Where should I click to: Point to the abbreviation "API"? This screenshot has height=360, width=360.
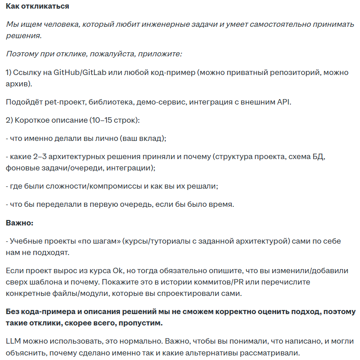[x=284, y=102]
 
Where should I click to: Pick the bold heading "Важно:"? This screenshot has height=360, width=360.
[x=20, y=223]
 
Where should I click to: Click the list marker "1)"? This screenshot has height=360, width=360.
[x=10, y=73]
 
